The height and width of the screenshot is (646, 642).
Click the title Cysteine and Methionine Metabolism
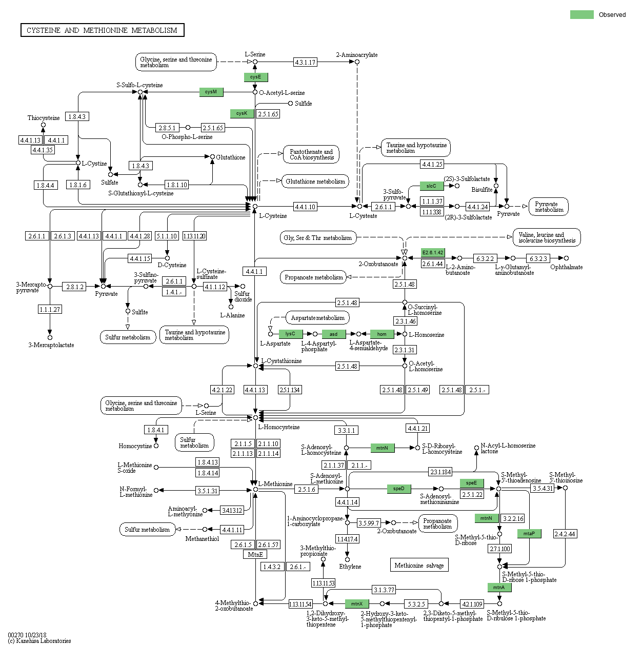click(x=102, y=30)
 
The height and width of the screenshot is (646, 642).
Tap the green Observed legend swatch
click(x=581, y=14)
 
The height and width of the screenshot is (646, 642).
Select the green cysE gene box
click(x=255, y=77)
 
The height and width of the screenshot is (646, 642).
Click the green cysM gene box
click(x=211, y=92)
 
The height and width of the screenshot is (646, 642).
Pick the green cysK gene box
click(x=242, y=113)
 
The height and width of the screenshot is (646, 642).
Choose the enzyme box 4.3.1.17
click(x=305, y=62)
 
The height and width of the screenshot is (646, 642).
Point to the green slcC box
click(x=431, y=186)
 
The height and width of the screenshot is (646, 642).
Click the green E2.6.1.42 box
click(x=433, y=253)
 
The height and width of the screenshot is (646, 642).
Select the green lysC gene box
click(x=290, y=334)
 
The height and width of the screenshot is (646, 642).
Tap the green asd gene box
click(x=333, y=334)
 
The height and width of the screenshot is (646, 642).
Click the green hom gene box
click(x=382, y=334)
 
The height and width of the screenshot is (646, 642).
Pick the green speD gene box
click(x=399, y=489)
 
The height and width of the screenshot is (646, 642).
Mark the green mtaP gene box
click(x=529, y=534)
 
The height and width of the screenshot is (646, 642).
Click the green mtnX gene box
click(x=357, y=604)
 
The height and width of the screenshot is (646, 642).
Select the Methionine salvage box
click(x=419, y=565)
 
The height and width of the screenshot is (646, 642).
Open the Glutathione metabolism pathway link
click(x=315, y=181)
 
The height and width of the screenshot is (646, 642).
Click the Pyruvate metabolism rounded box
click(x=549, y=207)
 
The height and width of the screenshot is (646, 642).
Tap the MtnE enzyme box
click(x=255, y=554)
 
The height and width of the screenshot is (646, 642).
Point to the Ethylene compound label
click(x=350, y=567)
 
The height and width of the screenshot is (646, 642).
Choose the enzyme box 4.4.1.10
click(x=305, y=207)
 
